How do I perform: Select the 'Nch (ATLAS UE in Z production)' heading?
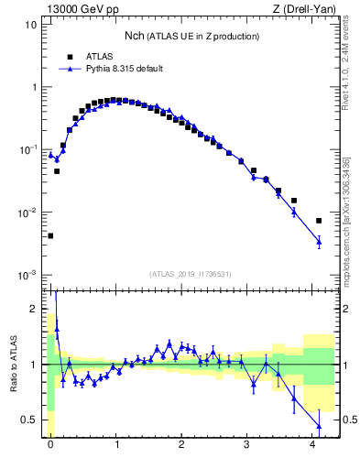point(191,36)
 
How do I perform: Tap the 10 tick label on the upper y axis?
point(31,25)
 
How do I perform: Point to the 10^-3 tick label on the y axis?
point(27,275)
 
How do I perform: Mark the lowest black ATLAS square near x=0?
point(50,235)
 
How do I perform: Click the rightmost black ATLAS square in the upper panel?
point(319,221)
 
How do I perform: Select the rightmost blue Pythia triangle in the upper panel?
point(319,242)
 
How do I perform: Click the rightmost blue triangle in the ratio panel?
point(319,426)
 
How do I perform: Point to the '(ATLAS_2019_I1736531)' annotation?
point(189,273)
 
